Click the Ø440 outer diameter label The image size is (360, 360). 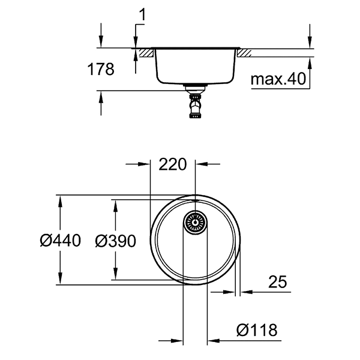click(60, 241)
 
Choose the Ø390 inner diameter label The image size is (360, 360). click(115, 241)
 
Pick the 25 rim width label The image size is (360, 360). click(277, 281)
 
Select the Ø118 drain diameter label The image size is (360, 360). click(256, 329)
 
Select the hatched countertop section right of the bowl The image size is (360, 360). click(244, 53)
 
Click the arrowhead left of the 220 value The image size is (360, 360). click(144, 164)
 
